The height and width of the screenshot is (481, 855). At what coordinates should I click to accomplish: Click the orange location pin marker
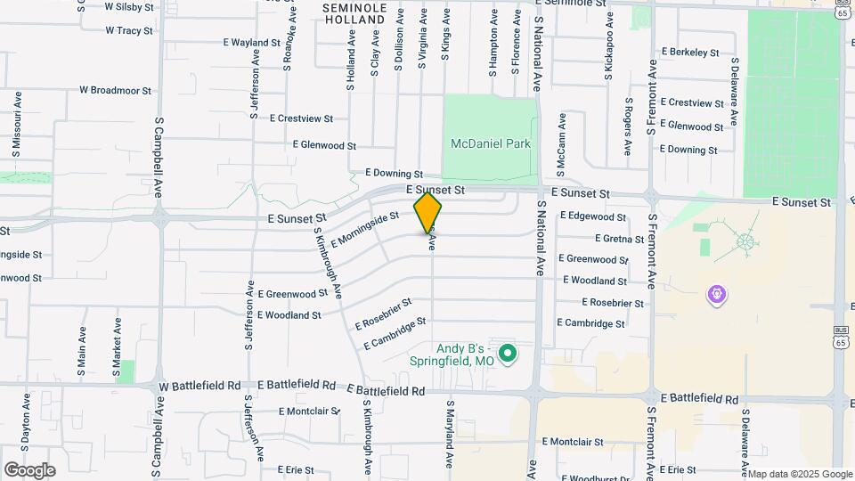tap(427, 212)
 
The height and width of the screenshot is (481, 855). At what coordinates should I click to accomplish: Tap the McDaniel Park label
tap(490, 143)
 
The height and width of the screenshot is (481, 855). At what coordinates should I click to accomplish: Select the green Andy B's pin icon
tap(508, 355)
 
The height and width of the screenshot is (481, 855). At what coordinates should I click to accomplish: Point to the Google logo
tap(29, 469)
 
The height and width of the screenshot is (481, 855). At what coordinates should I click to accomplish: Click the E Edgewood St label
tap(593, 216)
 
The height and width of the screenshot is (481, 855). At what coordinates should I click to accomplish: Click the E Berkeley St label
tap(689, 53)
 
